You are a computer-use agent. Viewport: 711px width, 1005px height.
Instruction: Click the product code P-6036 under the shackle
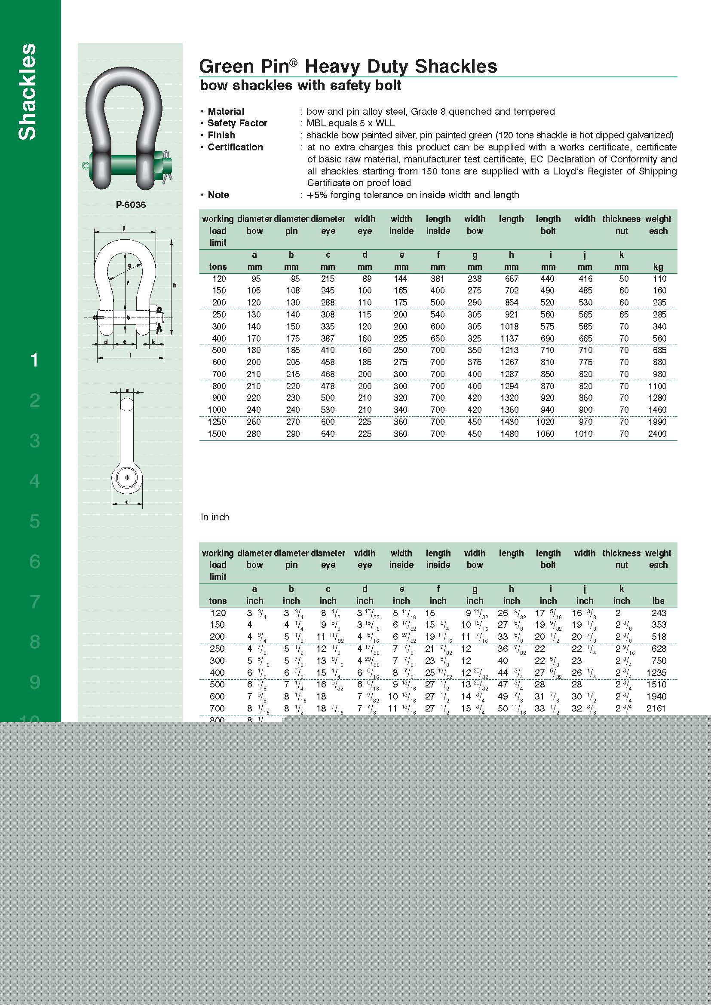131,205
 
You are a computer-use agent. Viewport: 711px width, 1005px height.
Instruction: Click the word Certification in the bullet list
235,147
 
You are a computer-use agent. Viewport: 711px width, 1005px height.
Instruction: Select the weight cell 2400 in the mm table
657,434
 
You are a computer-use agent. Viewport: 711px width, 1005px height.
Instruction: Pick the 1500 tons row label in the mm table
217,434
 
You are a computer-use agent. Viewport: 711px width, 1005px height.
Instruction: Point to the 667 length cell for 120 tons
512,279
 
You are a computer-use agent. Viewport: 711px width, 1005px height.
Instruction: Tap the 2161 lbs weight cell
656,708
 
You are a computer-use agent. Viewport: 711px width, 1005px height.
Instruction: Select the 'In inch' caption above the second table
215,517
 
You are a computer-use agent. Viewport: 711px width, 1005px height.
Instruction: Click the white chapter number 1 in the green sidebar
34,360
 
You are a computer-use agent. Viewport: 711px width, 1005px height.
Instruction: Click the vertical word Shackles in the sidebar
28,92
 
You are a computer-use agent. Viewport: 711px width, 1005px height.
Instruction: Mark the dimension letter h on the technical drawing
174,285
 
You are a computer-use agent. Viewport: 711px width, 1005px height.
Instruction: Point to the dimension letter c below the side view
127,501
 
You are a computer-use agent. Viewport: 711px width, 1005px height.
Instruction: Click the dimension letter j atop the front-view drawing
124,228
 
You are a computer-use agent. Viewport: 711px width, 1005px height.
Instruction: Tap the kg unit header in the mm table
658,267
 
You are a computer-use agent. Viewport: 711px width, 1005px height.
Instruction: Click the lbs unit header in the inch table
658,601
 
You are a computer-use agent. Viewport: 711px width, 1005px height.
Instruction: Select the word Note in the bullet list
218,195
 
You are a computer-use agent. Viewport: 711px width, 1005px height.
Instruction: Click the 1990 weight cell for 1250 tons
657,422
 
